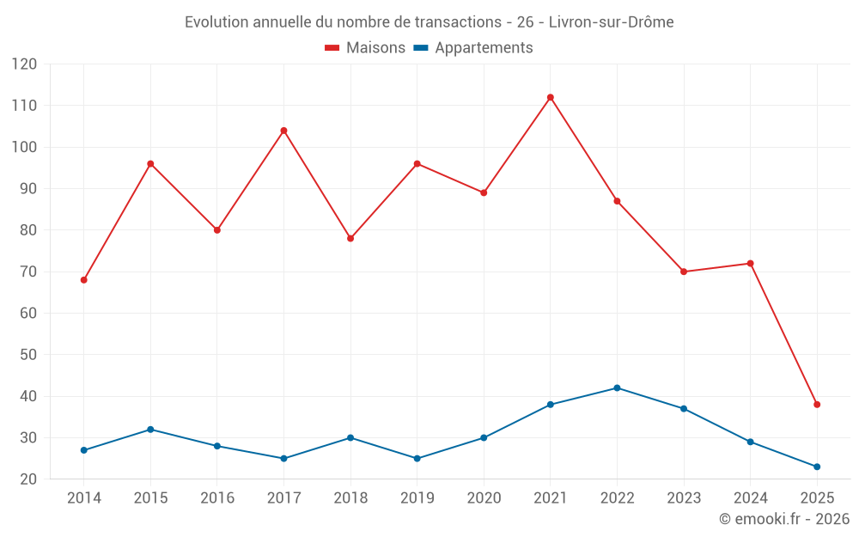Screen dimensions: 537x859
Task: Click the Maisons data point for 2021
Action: click(551, 97)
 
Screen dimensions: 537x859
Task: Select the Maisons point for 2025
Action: click(817, 405)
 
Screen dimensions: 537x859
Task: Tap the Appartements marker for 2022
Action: click(617, 387)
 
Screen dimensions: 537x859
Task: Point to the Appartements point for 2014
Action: click(83, 450)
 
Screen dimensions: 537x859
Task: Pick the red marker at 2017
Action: click(283, 131)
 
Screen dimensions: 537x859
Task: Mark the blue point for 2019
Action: click(417, 458)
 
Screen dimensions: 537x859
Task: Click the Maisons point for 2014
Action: click(83, 280)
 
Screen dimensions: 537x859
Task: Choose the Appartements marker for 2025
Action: click(817, 467)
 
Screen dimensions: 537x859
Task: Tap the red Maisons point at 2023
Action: click(684, 272)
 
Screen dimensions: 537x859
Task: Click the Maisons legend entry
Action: click(365, 48)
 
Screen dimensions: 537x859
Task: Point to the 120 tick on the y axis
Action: click(24, 64)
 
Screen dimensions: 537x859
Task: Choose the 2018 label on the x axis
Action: click(350, 498)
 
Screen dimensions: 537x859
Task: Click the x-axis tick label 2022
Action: click(617, 498)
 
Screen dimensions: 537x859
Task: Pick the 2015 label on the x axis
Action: click(150, 498)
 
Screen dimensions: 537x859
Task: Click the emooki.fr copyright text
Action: click(784, 519)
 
